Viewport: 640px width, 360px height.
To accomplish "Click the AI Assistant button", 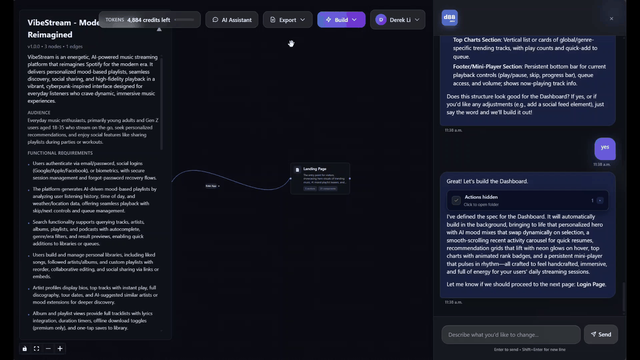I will click(x=231, y=20).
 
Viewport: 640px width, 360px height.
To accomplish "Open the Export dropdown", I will click(x=287, y=20).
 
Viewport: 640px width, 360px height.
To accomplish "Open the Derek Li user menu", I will click(x=397, y=20).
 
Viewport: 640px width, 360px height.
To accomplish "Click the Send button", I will click(x=600, y=334).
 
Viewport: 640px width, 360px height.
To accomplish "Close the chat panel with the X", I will click(x=611, y=18).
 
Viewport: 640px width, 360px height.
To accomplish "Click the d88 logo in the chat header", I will click(x=450, y=18).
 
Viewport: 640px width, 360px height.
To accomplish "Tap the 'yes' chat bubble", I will click(x=605, y=147).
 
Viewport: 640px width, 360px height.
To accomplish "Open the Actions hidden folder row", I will click(x=527, y=200).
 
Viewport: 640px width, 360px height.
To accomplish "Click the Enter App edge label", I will click(x=211, y=186).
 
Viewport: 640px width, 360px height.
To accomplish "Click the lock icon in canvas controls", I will click(x=24, y=348).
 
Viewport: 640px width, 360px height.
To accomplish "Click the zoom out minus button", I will click(x=48, y=348).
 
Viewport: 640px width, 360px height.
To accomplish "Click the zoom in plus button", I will click(x=60, y=348).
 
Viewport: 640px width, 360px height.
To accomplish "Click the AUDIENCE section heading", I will click(x=39, y=112).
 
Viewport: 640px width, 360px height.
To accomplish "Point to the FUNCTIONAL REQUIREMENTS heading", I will click(x=60, y=153).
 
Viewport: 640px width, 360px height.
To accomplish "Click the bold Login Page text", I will click(x=591, y=284).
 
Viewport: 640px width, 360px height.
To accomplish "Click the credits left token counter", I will click(x=148, y=20).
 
